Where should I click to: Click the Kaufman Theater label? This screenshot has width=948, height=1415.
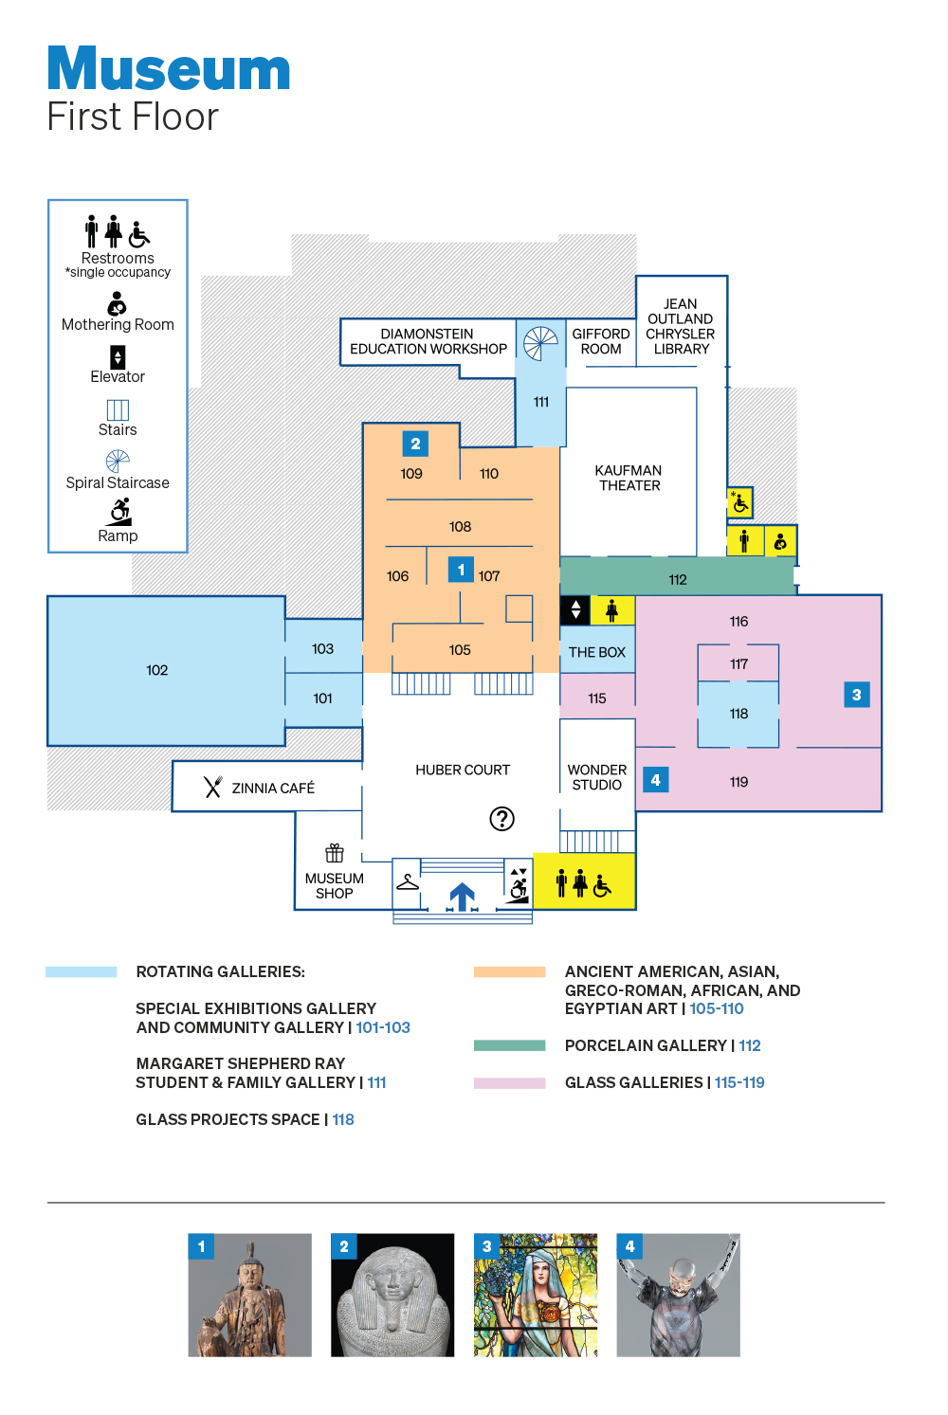click(629, 478)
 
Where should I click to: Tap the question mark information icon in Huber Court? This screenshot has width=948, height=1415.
click(501, 819)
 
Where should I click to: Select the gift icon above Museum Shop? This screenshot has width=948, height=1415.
click(335, 853)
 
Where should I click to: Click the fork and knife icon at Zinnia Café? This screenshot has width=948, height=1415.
click(213, 788)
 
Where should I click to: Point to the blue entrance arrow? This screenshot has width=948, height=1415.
click(462, 896)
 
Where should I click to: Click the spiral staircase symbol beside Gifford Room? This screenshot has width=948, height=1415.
click(540, 343)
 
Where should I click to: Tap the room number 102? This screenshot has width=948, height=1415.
click(157, 670)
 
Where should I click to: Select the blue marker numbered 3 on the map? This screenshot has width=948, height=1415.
click(856, 695)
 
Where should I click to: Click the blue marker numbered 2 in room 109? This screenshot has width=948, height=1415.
click(415, 444)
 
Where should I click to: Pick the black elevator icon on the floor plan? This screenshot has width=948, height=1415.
click(575, 610)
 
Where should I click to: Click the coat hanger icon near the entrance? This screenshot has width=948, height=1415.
click(408, 882)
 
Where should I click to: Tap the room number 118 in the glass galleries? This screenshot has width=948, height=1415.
click(738, 714)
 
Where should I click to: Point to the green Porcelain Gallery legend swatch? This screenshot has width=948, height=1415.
click(509, 1045)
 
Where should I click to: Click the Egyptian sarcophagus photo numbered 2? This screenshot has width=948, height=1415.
click(392, 1295)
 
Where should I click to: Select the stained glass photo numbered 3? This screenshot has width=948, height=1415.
click(536, 1295)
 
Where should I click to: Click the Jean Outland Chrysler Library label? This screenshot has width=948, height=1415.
click(681, 327)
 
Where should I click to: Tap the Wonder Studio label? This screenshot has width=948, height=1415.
click(597, 777)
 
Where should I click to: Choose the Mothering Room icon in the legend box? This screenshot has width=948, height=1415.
click(117, 303)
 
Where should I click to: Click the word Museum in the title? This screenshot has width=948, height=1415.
click(169, 69)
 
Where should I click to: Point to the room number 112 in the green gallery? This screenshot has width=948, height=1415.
click(678, 580)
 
